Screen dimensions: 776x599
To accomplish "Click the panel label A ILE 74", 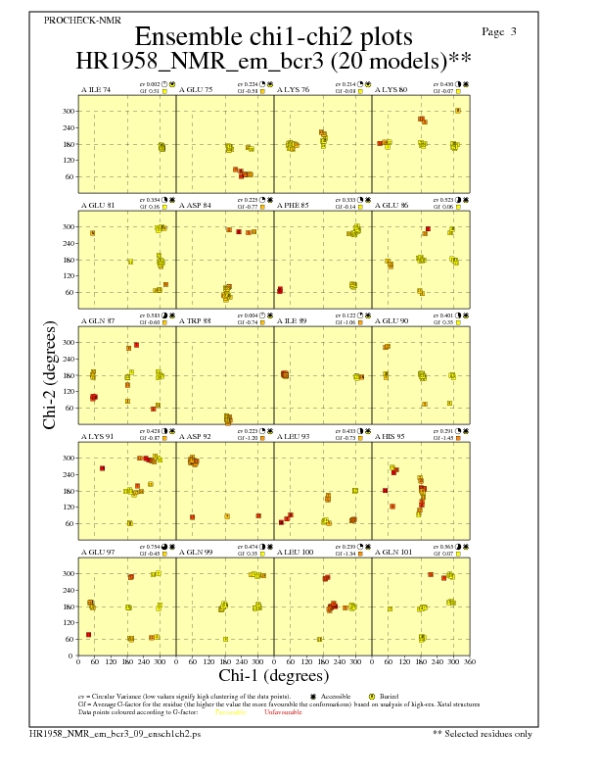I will point(95,90).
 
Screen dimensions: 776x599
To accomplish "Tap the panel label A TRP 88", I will point(194,320).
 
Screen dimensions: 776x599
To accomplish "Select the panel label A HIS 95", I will point(390,436).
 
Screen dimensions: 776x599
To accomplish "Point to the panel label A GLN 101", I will point(392,552).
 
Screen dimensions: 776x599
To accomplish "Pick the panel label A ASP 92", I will point(194,436).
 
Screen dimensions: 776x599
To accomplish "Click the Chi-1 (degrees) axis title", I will point(273,676).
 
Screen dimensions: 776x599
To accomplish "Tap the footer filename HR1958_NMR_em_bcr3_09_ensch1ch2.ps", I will point(115,733).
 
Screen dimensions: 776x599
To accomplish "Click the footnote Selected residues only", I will point(484,733).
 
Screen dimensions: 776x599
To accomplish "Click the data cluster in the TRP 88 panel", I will point(228,419).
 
